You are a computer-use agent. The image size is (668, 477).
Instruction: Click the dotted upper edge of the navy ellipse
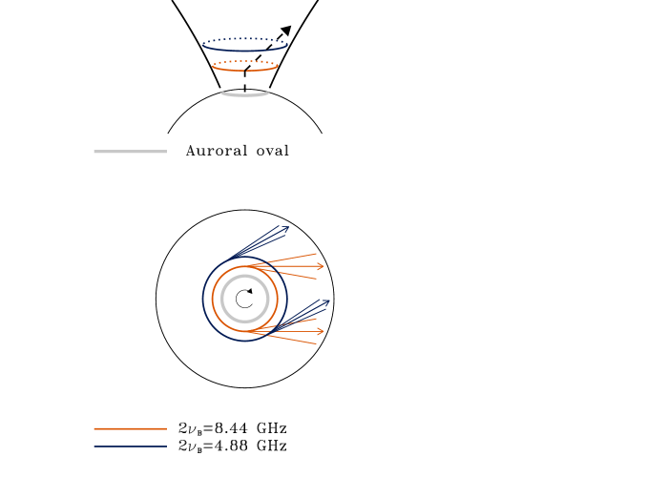pyautogui.click(x=245, y=38)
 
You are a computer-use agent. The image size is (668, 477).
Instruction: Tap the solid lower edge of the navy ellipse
pyautogui.click(x=245, y=51)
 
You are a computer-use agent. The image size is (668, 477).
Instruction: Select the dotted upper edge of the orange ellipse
pyautogui.click(x=245, y=61)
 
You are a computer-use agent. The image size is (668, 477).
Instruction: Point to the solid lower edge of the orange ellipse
pyautogui.click(x=245, y=71)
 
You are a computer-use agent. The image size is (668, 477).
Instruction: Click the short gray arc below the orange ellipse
pyautogui.click(x=245, y=95)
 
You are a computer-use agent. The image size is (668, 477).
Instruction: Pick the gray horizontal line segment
pyautogui.click(x=130, y=151)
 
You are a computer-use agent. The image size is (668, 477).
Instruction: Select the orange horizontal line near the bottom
pyautogui.click(x=130, y=428)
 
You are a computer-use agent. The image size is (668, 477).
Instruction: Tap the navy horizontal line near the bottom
pyautogui.click(x=130, y=446)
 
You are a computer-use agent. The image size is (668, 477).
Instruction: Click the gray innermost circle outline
pyautogui.click(x=221, y=299)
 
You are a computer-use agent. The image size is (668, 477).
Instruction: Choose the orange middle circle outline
pyautogui.click(x=212, y=299)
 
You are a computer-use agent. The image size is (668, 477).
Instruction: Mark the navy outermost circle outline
pyautogui.click(x=202, y=299)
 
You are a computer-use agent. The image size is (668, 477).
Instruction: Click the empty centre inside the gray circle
pyautogui.click(x=245, y=299)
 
